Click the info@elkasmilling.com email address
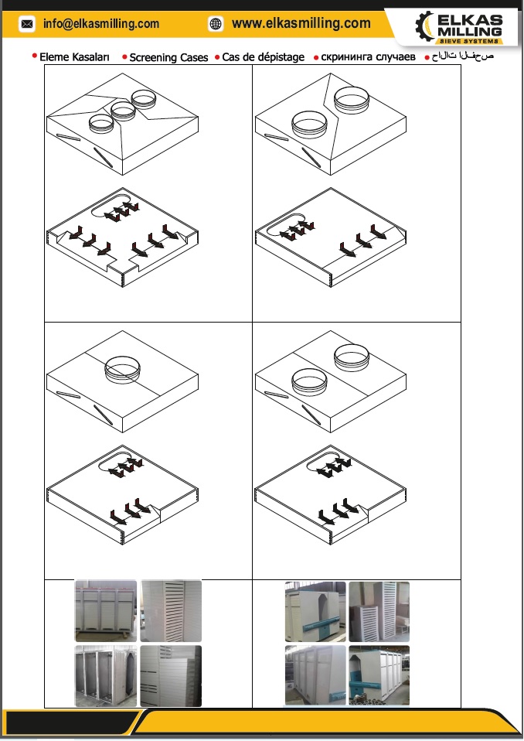click(101, 24)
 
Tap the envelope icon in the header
click(27, 24)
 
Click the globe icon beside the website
click(216, 24)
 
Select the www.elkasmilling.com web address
click(301, 23)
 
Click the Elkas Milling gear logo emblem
click(424, 26)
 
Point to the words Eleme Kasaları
click(74, 57)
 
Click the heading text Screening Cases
click(168, 58)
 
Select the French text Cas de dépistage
click(263, 58)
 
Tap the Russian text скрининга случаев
click(368, 57)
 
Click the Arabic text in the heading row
click(463, 56)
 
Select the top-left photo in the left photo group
click(106, 610)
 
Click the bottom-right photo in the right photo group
click(379, 675)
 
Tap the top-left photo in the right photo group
click(315, 612)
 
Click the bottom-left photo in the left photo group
click(106, 676)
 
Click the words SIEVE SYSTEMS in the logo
click(469, 41)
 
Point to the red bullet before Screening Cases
click(124, 57)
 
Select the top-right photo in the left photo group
click(171, 610)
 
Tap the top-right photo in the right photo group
click(379, 612)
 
